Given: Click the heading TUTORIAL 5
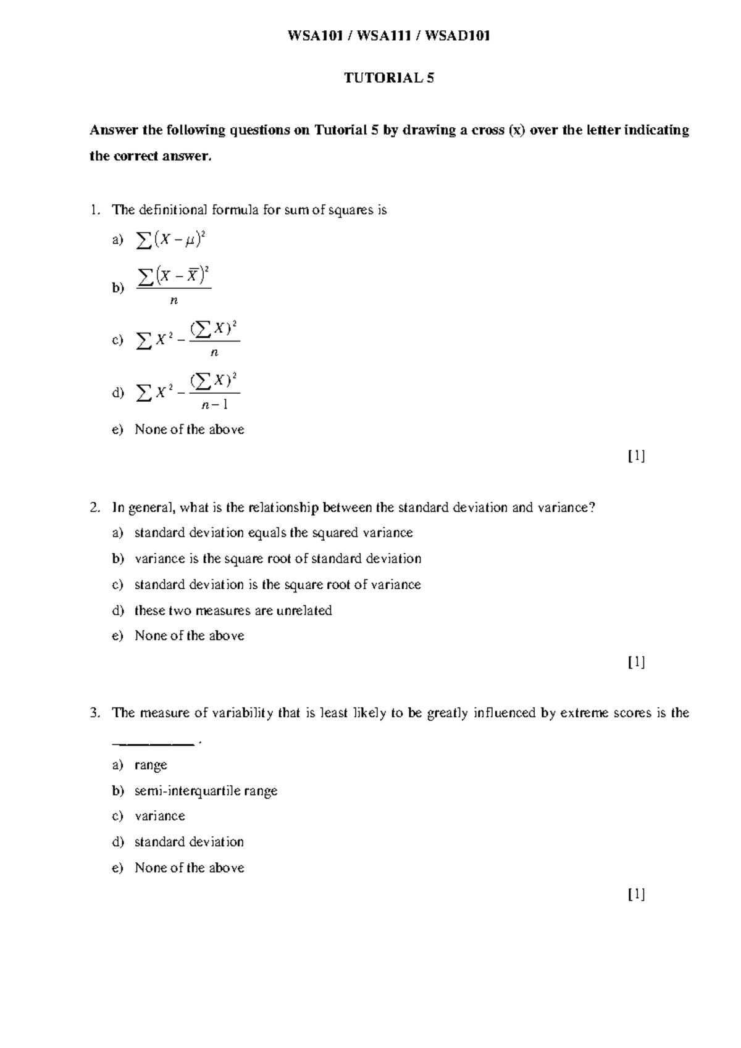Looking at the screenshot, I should (x=389, y=78).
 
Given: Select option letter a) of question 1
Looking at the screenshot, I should (x=117, y=240).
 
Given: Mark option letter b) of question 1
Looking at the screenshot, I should (x=117, y=288).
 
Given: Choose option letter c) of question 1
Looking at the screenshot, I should (x=117, y=339).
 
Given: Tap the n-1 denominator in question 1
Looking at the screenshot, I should (x=215, y=405).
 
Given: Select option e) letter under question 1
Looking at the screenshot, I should (x=117, y=430).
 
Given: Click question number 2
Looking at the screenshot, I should (x=94, y=507).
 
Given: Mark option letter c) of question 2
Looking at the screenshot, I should (x=117, y=584).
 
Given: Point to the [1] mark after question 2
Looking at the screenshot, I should (x=636, y=662).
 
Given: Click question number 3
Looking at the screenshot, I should (x=94, y=713).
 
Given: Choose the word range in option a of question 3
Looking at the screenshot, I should (x=151, y=765).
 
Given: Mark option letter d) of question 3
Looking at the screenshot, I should (x=117, y=842).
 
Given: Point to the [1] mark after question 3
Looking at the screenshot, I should (x=636, y=894).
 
